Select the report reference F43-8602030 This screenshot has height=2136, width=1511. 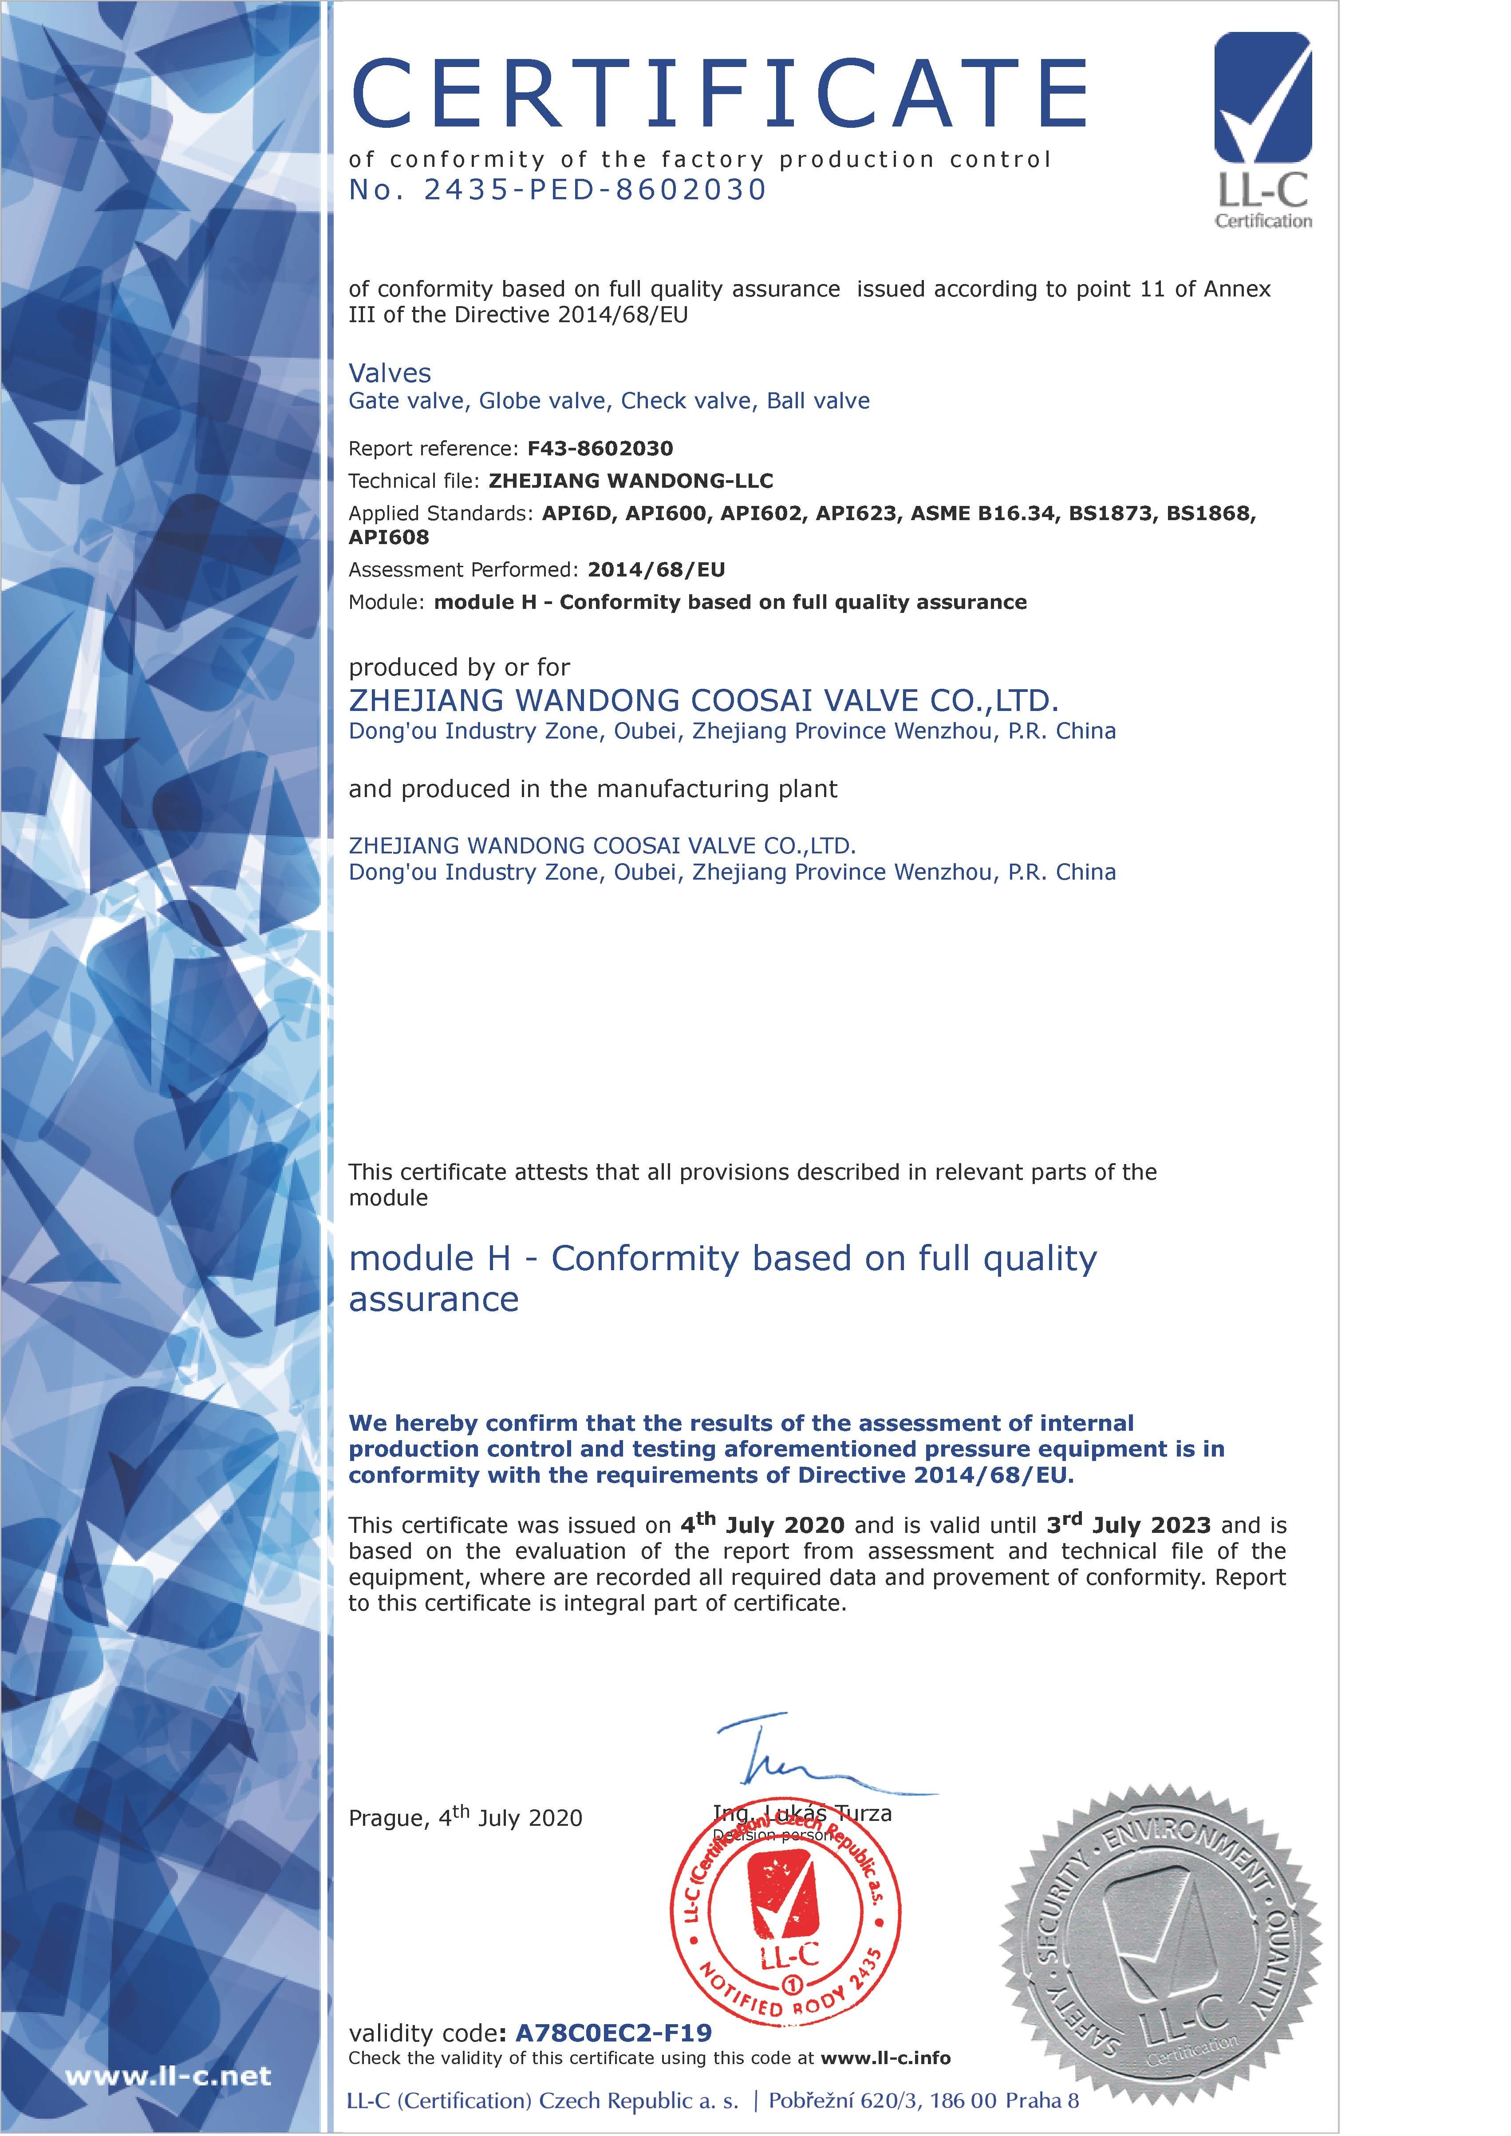point(600,448)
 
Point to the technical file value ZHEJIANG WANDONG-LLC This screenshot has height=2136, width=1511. point(631,481)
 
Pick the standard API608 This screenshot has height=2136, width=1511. point(389,538)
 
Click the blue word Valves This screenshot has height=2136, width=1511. point(390,374)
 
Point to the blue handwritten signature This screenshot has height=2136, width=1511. point(800,1758)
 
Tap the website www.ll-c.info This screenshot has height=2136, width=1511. point(886,2058)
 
